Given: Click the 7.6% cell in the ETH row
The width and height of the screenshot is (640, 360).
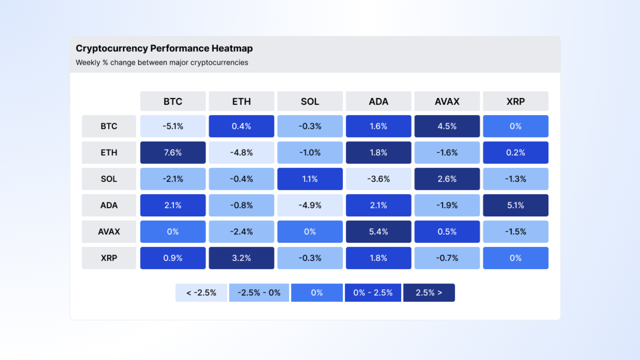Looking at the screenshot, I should (173, 152).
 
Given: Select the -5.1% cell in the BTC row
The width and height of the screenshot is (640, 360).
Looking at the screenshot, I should (173, 126).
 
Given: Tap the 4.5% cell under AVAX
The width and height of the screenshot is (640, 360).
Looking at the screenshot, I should (447, 126).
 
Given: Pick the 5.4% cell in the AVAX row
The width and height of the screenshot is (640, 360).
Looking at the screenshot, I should (378, 231).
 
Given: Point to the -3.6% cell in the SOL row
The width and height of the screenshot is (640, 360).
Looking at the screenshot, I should (378, 179).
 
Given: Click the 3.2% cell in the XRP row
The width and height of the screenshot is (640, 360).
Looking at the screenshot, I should (241, 258).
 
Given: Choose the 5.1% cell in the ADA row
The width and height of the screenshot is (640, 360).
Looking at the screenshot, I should (515, 205).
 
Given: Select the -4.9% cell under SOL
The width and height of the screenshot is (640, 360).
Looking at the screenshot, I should (310, 205).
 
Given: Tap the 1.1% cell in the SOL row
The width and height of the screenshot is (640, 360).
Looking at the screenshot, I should (310, 179).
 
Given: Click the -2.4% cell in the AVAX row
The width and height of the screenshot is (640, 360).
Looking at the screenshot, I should (241, 231).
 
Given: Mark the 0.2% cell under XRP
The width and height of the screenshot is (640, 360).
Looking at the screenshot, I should (515, 152).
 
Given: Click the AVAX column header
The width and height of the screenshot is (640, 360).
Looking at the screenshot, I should (447, 101).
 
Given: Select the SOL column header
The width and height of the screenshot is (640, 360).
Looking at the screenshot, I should (310, 101).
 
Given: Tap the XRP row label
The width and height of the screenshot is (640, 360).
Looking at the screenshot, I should (109, 258).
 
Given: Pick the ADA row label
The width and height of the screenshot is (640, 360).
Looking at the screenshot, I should (109, 205).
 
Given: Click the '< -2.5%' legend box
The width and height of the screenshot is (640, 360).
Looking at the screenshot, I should (201, 292).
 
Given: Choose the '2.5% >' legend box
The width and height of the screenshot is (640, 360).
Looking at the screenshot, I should (429, 292).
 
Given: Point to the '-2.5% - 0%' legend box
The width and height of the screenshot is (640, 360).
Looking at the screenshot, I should (259, 292).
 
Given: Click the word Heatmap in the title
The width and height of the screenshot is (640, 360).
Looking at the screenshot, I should (232, 48).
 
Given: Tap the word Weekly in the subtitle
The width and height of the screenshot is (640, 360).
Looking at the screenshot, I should (88, 63).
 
